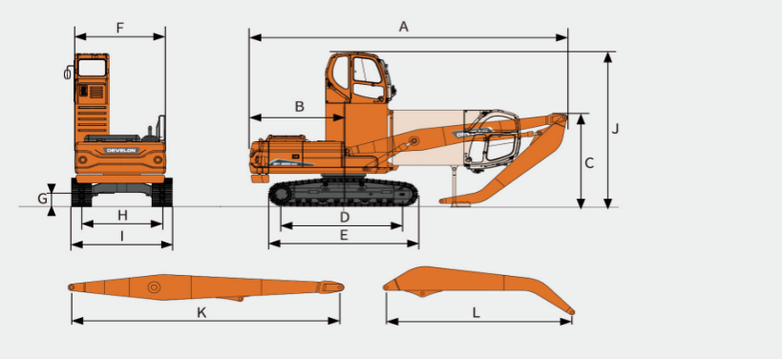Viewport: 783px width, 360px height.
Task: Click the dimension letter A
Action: pyautogui.click(x=404, y=27)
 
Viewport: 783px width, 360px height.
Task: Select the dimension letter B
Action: pyautogui.click(x=300, y=106)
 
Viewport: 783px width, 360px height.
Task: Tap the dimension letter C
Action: pyautogui.click(x=589, y=162)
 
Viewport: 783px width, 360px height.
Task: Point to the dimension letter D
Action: pyautogui.click(x=344, y=217)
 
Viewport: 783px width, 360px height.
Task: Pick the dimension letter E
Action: pyautogui.click(x=344, y=235)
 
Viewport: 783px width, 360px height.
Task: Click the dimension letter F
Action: pyautogui.click(x=120, y=28)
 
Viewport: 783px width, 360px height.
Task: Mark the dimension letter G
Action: pyautogui.click(x=43, y=199)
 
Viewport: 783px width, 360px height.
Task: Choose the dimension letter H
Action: pyautogui.click(x=122, y=215)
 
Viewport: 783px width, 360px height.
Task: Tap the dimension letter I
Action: pyautogui.click(x=122, y=235)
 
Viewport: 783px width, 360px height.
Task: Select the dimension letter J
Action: pyautogui.click(x=615, y=128)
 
